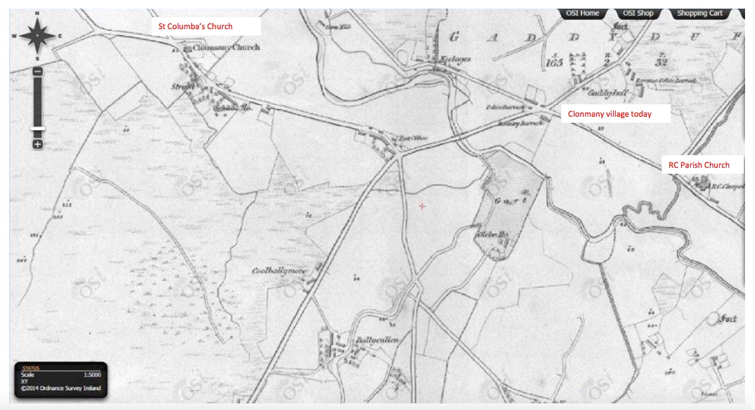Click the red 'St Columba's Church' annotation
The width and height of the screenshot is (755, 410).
coord(194,27)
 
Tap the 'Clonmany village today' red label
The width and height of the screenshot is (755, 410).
coord(610,114)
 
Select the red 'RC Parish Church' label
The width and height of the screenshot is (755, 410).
coord(699,165)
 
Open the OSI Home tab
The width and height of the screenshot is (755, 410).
coord(582,13)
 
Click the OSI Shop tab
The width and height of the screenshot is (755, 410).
coord(638,13)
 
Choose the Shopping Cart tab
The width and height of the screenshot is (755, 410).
coord(699,13)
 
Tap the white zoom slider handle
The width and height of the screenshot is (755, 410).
coord(38,128)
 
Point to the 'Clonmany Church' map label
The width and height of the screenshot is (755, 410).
coord(226,48)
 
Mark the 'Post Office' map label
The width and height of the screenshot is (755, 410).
coord(413,138)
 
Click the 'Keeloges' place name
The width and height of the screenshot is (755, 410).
coord(456,59)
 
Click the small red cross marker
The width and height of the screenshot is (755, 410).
coord(422,207)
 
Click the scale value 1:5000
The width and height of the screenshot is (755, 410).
coord(92,375)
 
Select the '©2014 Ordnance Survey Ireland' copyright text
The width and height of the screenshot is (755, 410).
coord(61,389)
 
